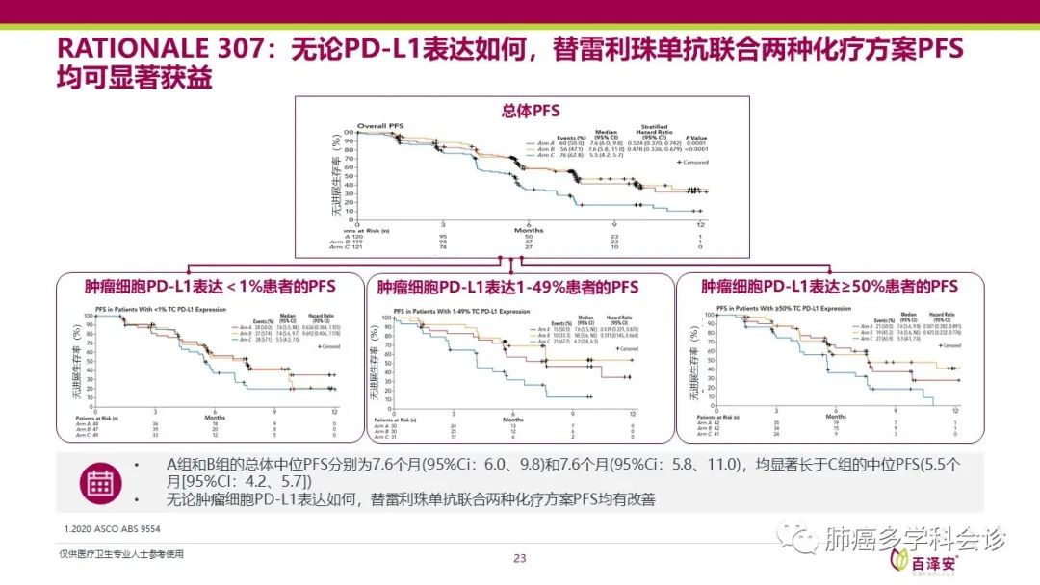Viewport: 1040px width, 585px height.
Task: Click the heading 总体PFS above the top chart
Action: pos(531,111)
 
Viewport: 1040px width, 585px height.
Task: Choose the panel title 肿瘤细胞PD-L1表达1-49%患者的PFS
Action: pos(507,287)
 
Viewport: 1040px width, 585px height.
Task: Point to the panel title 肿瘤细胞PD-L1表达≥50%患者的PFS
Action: pos(829,287)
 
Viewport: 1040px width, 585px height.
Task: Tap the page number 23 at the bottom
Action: pos(520,558)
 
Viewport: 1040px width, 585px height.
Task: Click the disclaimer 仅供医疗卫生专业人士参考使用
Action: pos(121,554)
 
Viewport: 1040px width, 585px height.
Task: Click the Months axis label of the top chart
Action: pos(528,230)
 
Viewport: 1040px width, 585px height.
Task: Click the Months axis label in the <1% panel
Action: pos(214,417)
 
